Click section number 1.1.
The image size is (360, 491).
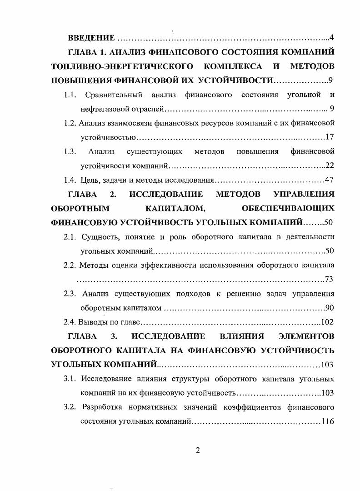point(70,95)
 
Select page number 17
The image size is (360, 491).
point(330,137)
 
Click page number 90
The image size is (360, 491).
point(330,308)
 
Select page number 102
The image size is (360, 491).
point(328,322)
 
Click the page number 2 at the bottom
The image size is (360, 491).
point(198,451)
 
